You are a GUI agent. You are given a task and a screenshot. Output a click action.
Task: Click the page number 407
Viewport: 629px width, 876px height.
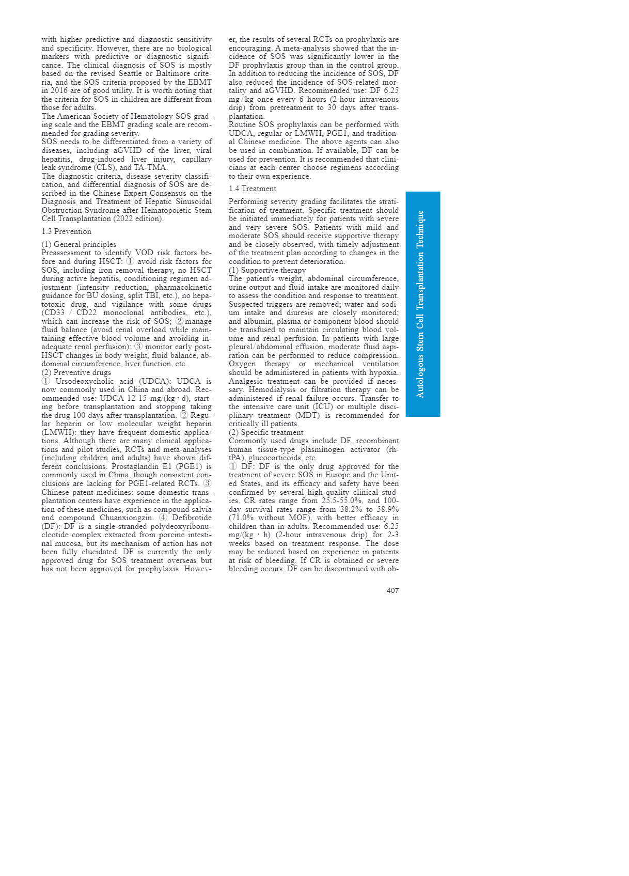(392, 590)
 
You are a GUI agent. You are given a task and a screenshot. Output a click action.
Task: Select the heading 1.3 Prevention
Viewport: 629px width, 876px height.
(66, 231)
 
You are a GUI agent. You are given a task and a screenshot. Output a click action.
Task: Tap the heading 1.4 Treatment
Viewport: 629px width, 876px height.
(252, 189)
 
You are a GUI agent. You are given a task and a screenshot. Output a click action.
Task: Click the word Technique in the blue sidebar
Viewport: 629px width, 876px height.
(420, 229)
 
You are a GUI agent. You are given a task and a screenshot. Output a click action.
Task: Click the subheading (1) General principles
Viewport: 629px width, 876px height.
(79, 244)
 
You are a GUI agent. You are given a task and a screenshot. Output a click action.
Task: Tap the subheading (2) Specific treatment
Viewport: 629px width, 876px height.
(266, 432)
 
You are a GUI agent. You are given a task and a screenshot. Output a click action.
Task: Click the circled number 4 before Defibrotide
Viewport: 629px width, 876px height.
(163, 518)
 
